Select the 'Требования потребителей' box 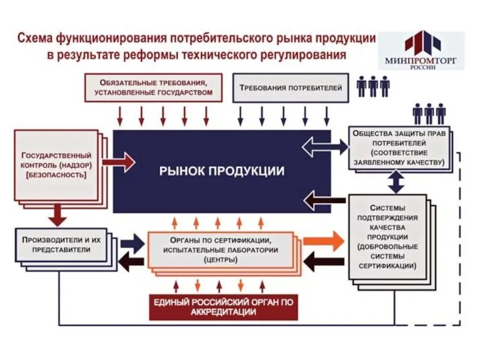290,88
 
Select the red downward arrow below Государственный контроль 58,212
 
